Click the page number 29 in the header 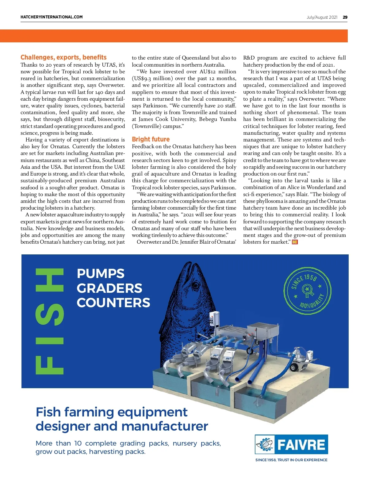coord(345,17)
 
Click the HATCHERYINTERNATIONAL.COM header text coord(52,17)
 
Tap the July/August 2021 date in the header coord(322,17)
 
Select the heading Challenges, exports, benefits coord(63,57)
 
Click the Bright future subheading coord(151,139)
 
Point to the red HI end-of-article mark coord(295,242)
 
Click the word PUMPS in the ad coord(101,274)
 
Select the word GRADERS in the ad coord(109,288)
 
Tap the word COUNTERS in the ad coord(113,303)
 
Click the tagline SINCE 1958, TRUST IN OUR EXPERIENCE coord(291,460)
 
